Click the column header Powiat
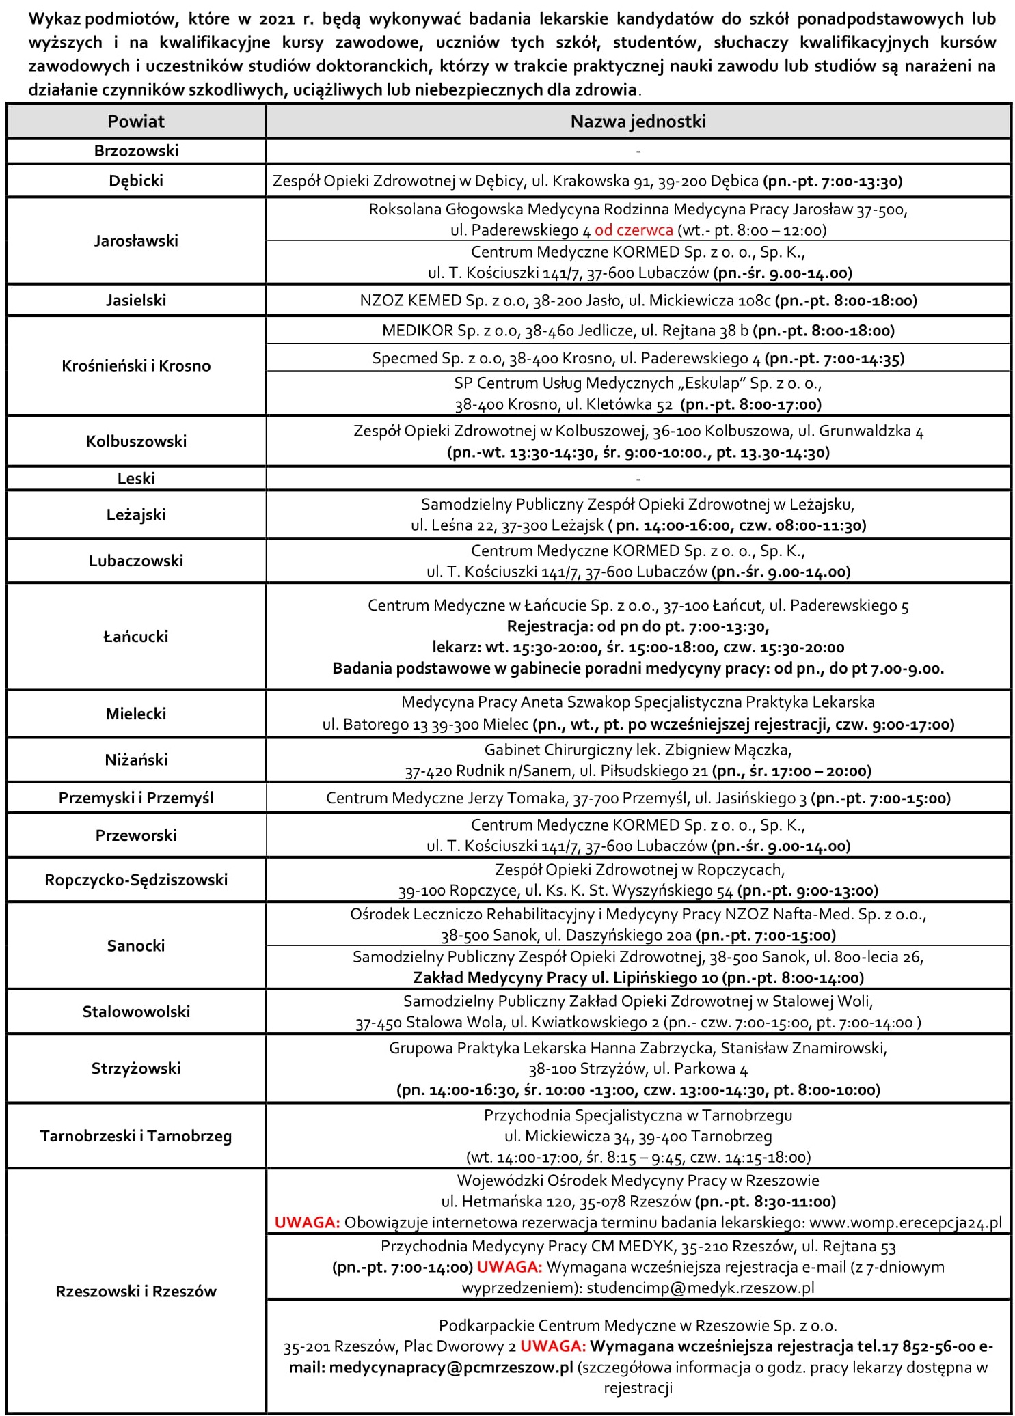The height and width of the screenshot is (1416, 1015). point(136,122)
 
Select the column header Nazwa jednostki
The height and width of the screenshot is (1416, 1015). point(638,122)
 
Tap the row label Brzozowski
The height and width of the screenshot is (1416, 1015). point(136,150)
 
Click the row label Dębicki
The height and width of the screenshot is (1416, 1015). point(136,181)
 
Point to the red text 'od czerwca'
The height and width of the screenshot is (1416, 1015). point(634,230)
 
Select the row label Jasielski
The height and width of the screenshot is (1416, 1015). point(136,300)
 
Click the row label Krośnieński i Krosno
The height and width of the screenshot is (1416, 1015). point(136,365)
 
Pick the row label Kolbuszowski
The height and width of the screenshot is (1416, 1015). point(136,441)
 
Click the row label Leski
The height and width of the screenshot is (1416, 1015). point(136,478)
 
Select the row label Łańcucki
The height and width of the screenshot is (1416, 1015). point(136,637)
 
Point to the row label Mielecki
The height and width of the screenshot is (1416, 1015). point(136,714)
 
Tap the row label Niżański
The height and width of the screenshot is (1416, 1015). point(136,760)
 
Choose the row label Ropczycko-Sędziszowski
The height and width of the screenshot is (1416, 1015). point(136,880)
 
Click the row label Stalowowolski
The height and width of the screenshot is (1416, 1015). point(136,1012)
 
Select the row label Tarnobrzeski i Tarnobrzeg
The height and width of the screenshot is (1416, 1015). point(136,1136)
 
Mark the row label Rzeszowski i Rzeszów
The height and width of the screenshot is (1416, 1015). point(136,1291)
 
